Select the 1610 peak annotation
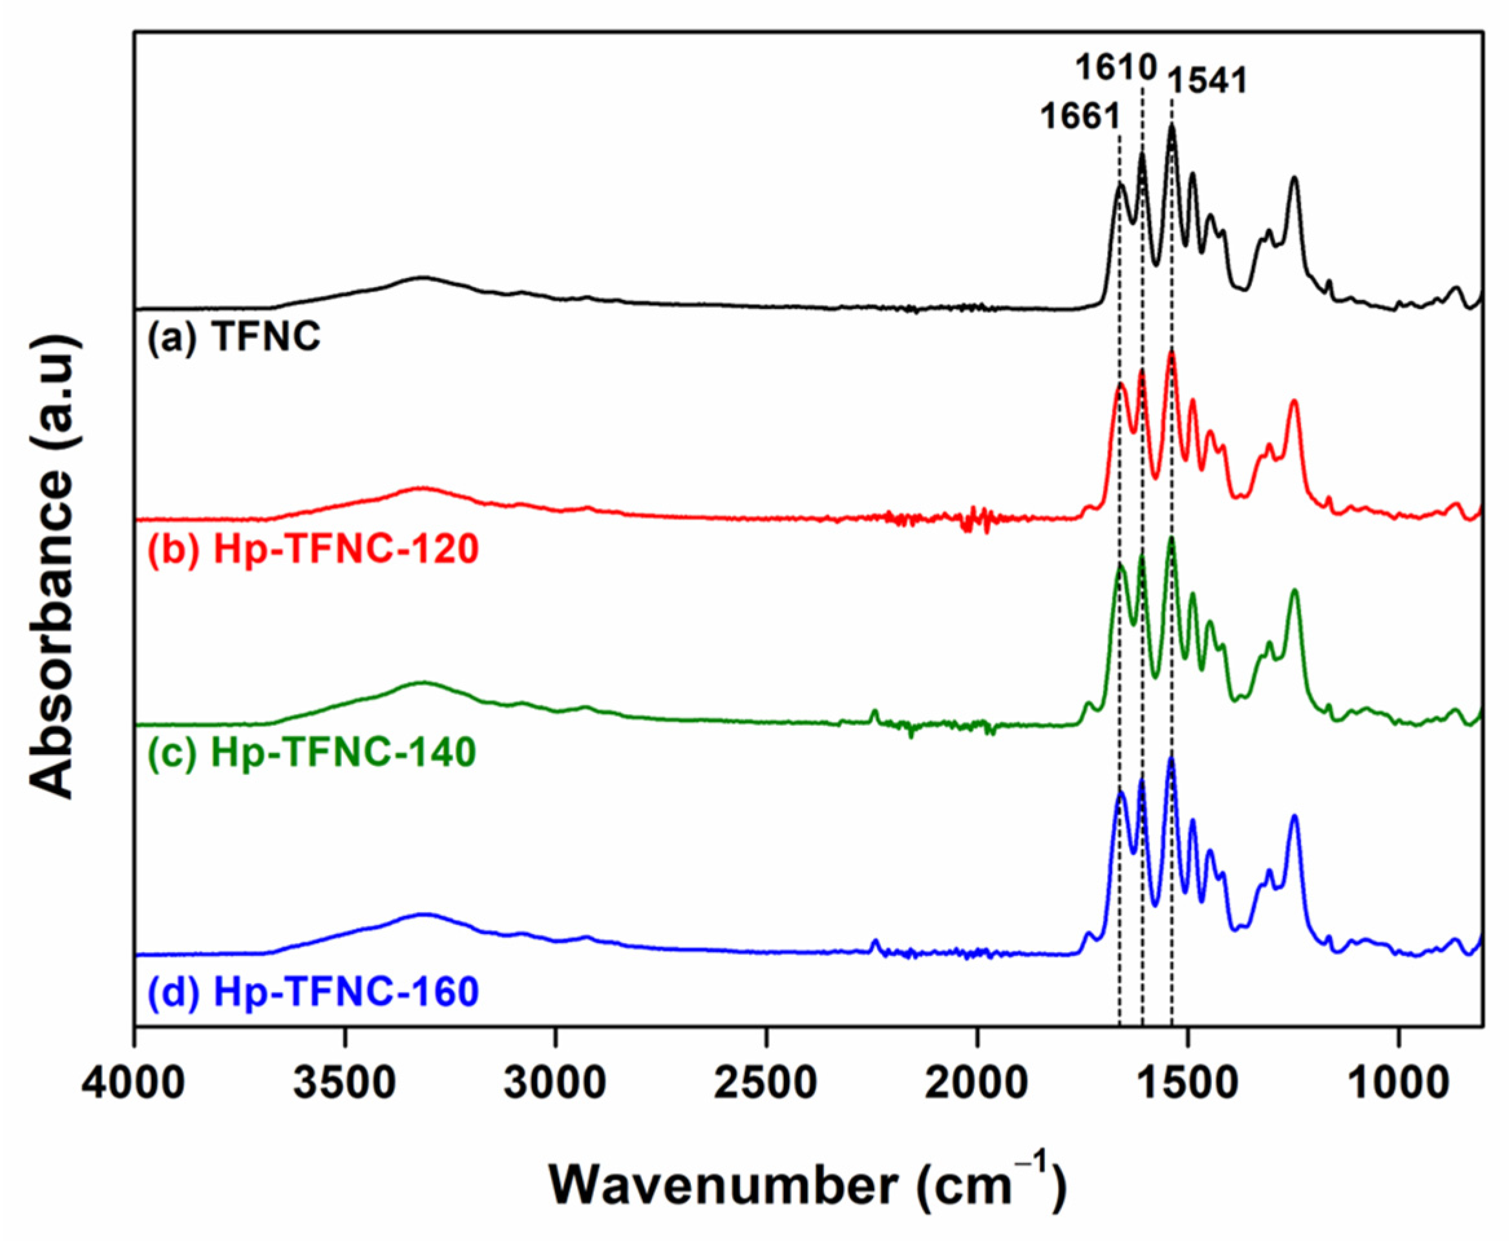(1116, 69)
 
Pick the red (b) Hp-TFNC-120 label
(313, 551)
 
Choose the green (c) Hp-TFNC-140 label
(312, 752)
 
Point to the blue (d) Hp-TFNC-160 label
(313, 993)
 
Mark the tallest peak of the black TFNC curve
(1172, 126)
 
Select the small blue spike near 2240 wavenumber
(875, 944)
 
